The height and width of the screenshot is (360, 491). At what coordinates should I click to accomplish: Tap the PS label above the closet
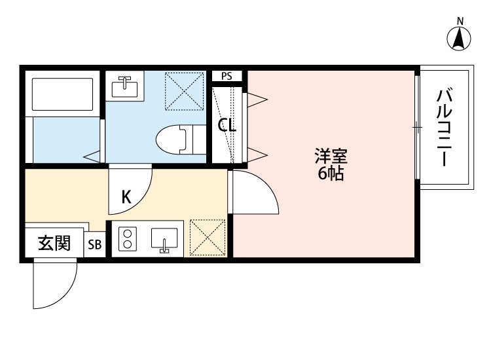[x=227, y=76]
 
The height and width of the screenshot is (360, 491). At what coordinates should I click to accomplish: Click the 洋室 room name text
[x=331, y=157]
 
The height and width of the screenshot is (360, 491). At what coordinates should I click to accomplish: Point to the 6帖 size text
[x=331, y=174]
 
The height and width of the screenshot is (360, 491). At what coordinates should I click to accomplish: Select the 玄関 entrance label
[x=54, y=243]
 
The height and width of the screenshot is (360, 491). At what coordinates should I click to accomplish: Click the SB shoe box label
[x=95, y=245]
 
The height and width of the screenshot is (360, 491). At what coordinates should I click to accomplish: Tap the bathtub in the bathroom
[x=62, y=93]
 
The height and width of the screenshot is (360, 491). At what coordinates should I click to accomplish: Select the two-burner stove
[x=126, y=240]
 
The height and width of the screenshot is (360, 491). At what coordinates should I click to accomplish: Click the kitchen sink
[x=164, y=240]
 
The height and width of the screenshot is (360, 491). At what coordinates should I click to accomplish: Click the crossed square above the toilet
[x=183, y=90]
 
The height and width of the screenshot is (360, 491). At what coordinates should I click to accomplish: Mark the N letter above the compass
[x=460, y=21]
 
